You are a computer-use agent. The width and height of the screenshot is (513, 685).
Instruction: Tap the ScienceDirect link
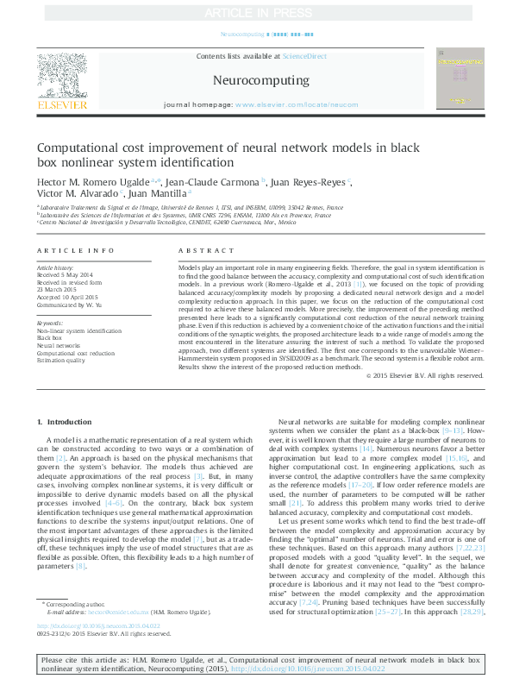point(305,55)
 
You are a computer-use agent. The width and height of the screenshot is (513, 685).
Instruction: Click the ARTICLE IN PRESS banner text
point(255,12)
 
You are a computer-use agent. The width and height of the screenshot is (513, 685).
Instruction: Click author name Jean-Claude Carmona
point(222,183)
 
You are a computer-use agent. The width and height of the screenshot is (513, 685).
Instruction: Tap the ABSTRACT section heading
point(194,250)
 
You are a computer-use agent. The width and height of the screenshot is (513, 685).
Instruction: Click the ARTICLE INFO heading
point(75,250)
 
